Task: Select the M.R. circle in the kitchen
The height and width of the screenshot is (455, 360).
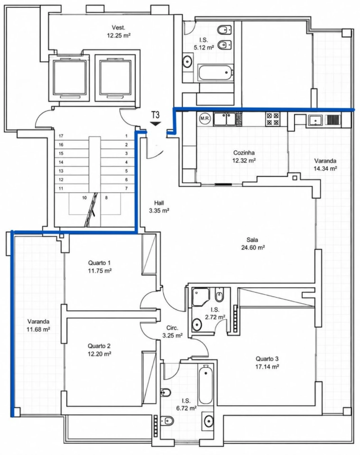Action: (x=205, y=118)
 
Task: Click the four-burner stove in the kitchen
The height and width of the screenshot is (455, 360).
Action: (x=273, y=119)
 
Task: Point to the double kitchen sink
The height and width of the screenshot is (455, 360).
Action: (x=225, y=119)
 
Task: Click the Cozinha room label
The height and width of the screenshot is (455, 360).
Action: (x=244, y=152)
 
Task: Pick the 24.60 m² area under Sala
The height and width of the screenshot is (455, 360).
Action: (x=253, y=247)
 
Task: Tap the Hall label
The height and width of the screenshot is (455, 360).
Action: (x=159, y=203)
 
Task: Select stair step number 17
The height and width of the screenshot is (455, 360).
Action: (x=61, y=136)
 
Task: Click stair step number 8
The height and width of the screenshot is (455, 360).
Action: (x=106, y=198)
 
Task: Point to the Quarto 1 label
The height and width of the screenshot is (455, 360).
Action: (x=99, y=263)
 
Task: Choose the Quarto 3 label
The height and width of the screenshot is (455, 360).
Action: (x=267, y=359)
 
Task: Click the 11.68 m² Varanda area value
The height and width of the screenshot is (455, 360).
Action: (x=38, y=329)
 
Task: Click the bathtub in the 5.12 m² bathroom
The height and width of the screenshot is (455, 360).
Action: (x=215, y=73)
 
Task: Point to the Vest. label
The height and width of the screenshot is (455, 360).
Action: (x=118, y=28)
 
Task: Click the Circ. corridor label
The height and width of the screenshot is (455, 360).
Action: (x=172, y=328)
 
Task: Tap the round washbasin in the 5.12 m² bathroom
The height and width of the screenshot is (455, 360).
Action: (x=188, y=61)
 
